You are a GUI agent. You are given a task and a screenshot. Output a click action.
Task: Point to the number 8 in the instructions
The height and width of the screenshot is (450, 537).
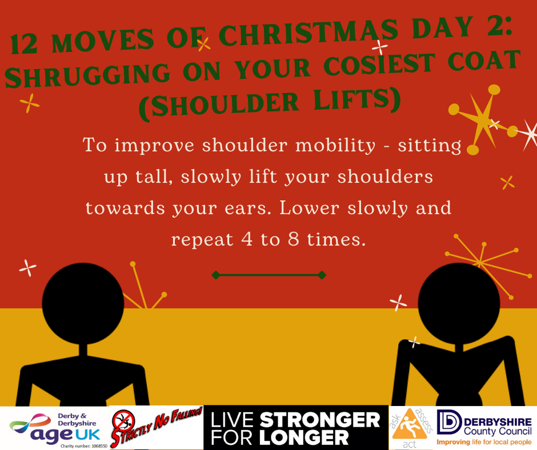294,239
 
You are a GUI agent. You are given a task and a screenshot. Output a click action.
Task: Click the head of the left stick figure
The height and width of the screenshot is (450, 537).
83,303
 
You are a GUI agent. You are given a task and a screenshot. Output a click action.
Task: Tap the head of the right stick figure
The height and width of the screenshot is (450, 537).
459,303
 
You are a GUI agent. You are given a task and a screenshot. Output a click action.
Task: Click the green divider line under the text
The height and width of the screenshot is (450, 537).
269,275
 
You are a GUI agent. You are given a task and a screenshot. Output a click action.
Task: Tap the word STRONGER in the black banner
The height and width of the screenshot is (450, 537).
319,420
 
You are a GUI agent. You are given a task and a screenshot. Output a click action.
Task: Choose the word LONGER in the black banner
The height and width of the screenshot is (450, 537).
304,437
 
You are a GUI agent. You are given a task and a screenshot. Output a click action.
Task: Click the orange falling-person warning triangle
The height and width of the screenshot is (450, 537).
410,425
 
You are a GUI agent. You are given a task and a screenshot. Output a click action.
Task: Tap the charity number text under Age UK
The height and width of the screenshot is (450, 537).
84,446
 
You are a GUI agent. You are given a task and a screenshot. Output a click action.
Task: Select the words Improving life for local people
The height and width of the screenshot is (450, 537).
484,442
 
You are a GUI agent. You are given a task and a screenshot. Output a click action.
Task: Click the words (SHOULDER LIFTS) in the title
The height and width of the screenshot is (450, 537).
270,103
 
